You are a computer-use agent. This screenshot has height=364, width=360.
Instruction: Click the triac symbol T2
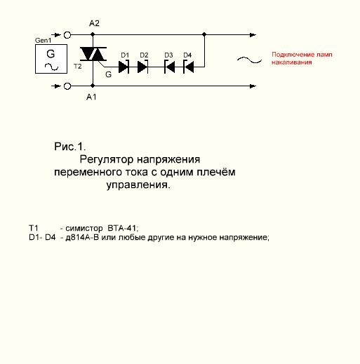coord(93,54)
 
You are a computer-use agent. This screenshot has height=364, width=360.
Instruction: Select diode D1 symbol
coord(124,67)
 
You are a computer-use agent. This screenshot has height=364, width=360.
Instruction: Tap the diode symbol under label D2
coord(142,67)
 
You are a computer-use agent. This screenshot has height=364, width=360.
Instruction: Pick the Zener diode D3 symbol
coord(170,67)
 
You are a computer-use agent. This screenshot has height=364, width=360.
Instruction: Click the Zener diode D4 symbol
coord(189,67)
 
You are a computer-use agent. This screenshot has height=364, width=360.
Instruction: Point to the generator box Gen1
coord(51,59)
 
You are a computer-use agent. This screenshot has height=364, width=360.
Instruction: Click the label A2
coord(94,23)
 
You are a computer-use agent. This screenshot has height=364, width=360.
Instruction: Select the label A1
coord(91,97)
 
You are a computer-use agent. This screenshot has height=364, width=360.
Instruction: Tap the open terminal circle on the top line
coord(67,35)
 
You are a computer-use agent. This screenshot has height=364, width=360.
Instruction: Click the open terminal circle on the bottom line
coord(67,86)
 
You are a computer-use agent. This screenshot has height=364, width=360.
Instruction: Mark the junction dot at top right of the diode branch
coord(204,34)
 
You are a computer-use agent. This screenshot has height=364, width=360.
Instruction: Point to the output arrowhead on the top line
coord(253,35)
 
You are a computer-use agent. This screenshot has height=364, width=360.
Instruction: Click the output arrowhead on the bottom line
coord(253,86)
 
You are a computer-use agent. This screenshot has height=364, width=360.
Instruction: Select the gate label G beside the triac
coord(108,74)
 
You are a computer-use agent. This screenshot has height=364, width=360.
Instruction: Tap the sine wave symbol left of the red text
coord(249,60)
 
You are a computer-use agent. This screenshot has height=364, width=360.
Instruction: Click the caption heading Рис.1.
coord(70,147)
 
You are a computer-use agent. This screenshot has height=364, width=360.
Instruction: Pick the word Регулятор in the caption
coord(107,160)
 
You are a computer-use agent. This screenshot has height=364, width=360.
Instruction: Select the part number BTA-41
coord(123,228)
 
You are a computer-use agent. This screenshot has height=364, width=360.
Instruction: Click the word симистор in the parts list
coord(84,228)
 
